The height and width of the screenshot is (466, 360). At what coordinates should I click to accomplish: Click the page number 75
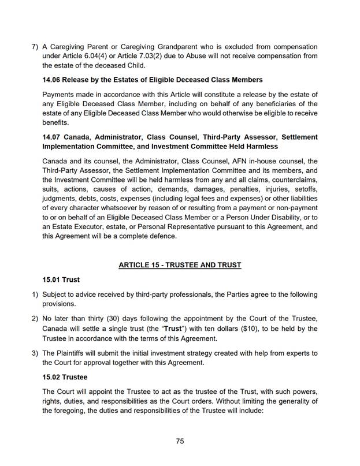180,441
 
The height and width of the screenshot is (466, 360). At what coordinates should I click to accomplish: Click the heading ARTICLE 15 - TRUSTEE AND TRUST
180,265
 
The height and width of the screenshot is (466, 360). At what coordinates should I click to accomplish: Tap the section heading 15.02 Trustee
65,377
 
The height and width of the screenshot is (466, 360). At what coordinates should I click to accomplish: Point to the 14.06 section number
54,80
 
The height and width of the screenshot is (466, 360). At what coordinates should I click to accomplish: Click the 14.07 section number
54,137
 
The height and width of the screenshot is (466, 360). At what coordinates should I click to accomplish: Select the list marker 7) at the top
34,46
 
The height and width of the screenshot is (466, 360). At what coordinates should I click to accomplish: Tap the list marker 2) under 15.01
34,319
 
